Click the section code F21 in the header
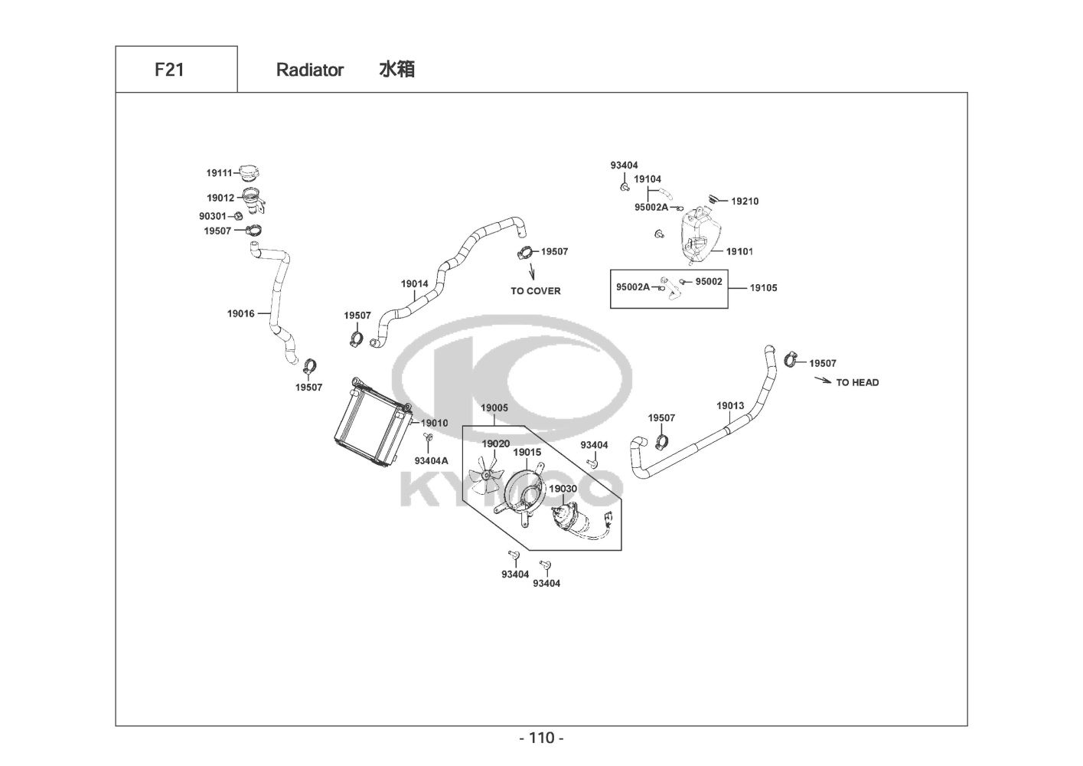(169, 70)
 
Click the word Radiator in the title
(310, 70)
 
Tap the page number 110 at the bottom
(541, 738)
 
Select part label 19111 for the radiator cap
(219, 173)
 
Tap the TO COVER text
(536, 291)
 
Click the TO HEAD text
(857, 382)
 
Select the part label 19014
(415, 283)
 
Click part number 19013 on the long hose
(730, 405)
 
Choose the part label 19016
(240, 313)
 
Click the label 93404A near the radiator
(432, 460)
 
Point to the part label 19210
(745, 201)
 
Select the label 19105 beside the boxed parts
(763, 288)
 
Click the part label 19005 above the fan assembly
(494, 408)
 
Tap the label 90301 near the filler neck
(213, 216)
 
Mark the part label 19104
(648, 179)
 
